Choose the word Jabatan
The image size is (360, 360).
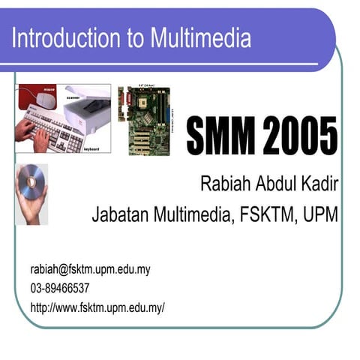tap(119, 215)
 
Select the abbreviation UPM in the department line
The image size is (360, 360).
tap(321, 215)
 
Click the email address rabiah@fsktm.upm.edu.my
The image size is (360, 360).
tap(90, 269)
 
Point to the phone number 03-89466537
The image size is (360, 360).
tap(60, 288)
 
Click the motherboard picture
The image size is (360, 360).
tap(144, 120)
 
